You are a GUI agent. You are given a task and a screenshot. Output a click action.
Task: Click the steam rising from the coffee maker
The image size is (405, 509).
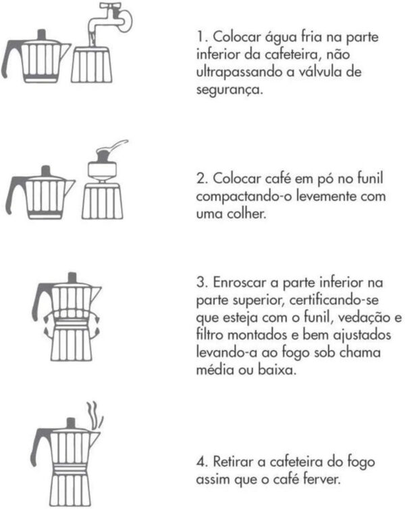[x=94, y=416]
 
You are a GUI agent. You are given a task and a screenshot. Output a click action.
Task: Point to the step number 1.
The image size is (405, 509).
[x=201, y=37]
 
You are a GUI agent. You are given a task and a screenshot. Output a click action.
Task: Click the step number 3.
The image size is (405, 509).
[x=202, y=282]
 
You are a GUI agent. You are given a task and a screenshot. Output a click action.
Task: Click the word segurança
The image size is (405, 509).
[x=230, y=90]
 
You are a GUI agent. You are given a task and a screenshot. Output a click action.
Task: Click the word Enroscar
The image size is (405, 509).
[x=240, y=282]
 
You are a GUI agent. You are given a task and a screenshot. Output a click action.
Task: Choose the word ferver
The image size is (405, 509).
[x=322, y=479]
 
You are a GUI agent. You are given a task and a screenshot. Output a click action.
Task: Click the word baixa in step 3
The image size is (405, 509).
[x=277, y=370]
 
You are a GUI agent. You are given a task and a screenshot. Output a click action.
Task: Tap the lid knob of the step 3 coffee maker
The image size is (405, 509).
[x=72, y=278]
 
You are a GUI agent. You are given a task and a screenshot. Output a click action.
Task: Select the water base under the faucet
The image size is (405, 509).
[x=92, y=64]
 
